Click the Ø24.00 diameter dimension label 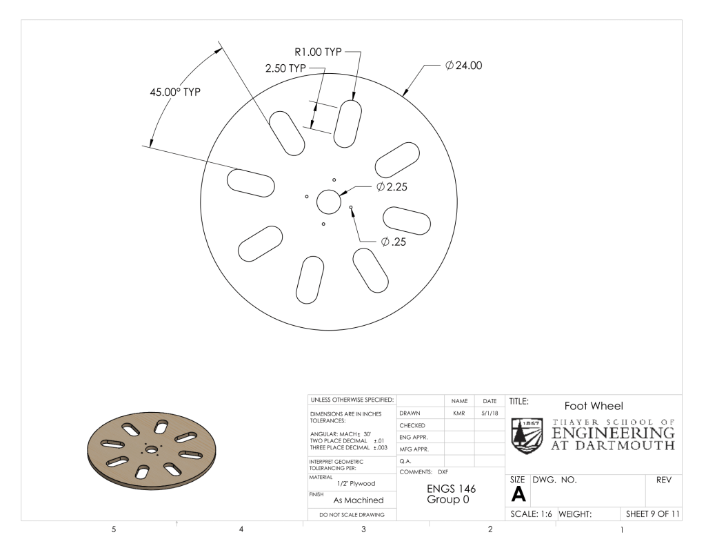pos(463,66)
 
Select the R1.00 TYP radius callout pos(319,52)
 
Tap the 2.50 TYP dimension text pos(285,68)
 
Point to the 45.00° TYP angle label pos(175,92)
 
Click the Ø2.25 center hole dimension pos(392,186)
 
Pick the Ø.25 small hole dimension pos(394,242)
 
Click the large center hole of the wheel pos(329,202)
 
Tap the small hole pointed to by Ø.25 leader pos(351,207)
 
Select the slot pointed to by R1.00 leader pos(347,124)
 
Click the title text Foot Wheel pos(594,406)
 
